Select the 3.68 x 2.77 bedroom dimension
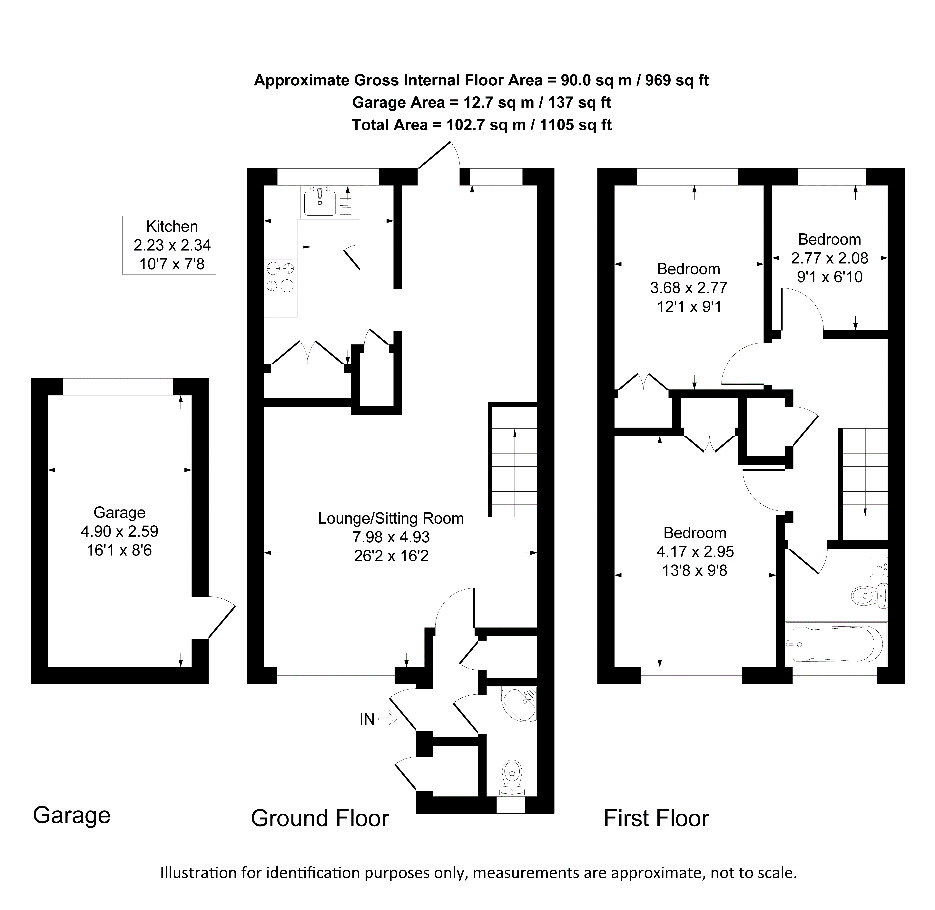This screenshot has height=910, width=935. [x=688, y=288]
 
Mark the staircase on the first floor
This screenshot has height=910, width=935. [x=864, y=483]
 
